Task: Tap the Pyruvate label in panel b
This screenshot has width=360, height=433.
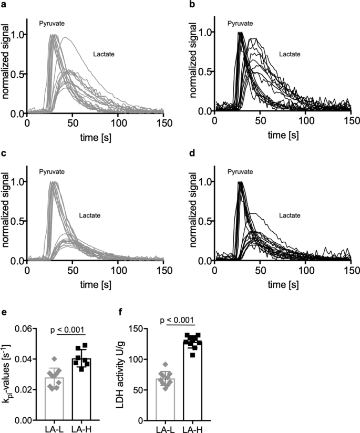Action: [x=240, y=24]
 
